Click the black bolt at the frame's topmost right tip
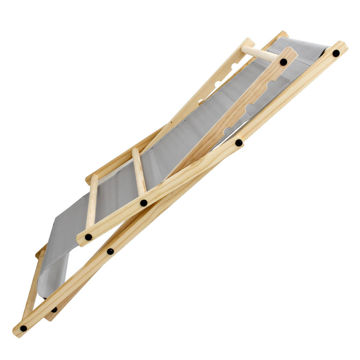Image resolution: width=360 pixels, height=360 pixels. [336, 53]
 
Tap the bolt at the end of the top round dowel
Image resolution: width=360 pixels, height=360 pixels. [283, 62]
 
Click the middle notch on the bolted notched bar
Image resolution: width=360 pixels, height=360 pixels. [249, 107]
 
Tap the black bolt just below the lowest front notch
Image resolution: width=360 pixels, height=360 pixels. [239, 142]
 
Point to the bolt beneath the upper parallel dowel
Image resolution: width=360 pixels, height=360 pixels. [144, 203]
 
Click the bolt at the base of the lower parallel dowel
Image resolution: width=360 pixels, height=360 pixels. [88, 237]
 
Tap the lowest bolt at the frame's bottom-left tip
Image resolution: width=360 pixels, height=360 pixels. [23, 328]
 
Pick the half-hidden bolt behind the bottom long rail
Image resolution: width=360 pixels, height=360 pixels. [54, 310]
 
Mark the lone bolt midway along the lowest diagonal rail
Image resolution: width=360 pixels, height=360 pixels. [110, 251]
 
